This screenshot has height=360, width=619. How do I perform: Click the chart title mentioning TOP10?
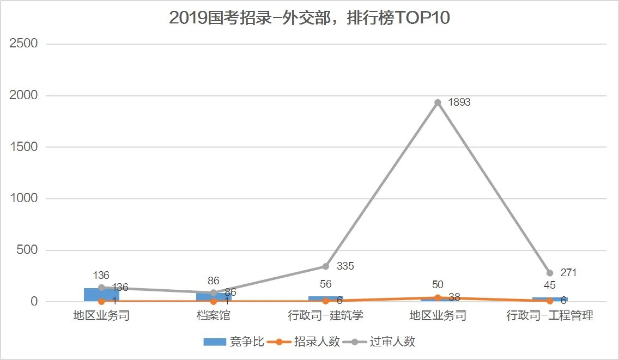[309, 17]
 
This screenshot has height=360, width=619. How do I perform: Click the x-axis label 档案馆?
[213, 315]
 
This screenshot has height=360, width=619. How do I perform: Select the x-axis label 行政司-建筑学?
[325, 315]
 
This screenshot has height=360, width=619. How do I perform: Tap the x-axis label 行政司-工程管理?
[549, 315]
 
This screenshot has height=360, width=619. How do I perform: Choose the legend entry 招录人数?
[317, 341]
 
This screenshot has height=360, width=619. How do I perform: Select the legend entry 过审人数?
[392, 341]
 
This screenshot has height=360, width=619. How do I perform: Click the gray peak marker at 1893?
[438, 102]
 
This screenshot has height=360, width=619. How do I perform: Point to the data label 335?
[345, 266]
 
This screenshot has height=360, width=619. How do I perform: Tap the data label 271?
[568, 273]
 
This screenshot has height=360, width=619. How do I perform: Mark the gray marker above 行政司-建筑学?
[325, 266]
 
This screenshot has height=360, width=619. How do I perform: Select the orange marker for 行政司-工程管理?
[550, 301]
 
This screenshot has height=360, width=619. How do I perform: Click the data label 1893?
[459, 102]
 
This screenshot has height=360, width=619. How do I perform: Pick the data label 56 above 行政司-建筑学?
[325, 284]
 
